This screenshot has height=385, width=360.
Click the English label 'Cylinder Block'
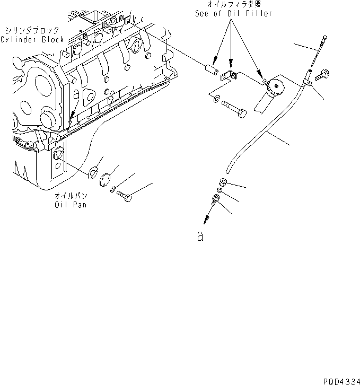coord(32,40)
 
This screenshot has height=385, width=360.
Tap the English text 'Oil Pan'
coord(71,205)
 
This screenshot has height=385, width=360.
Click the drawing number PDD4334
coord(340,380)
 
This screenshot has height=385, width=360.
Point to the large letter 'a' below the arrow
coord(200,237)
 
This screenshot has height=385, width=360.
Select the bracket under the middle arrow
coord(229,76)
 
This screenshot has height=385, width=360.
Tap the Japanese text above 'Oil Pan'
coord(71,196)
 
